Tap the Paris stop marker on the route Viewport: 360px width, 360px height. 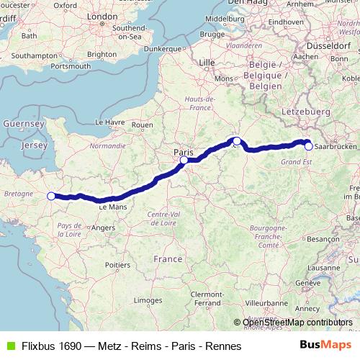pos(184,161)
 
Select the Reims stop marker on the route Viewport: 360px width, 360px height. pos(236,141)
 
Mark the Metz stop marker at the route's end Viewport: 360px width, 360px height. pos(308,146)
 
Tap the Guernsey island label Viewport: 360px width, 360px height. pos(24,124)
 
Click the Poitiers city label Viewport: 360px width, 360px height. pos(117,265)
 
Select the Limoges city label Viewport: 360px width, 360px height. pos(147,300)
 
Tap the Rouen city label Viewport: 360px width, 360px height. pos(143,125)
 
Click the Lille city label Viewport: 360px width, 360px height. pos(207,63)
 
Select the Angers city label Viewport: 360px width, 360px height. pos(103,228)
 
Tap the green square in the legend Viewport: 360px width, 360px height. pos(9,346)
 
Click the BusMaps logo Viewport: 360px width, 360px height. pos(325,346)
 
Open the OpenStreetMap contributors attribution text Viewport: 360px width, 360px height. pos(298,323)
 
